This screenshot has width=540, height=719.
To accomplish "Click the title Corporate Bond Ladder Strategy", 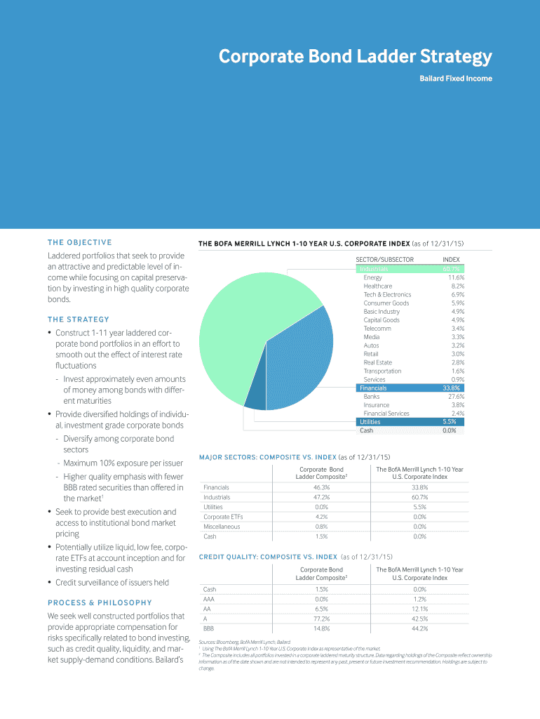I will pos(355,56).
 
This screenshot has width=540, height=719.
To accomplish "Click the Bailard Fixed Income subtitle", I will pos(455,79).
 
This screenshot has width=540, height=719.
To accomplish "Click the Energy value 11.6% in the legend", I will pos(456,277).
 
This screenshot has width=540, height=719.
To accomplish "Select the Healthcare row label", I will pos(378,286).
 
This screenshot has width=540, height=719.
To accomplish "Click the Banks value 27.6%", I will pos(456,397).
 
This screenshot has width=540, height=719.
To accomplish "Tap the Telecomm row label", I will pos(377,329).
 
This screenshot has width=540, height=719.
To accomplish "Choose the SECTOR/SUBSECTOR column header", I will pos(385,260).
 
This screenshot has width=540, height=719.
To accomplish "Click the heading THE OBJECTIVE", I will pos(79,242).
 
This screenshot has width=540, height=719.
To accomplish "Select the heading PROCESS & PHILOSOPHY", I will pos(100,602).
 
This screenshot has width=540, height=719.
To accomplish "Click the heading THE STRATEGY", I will pos(78,319).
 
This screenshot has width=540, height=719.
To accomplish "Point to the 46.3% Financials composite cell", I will pos(322,487).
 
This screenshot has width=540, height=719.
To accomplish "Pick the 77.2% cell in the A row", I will pos(322,619).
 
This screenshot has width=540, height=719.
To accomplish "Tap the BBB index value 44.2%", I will pos(420,629).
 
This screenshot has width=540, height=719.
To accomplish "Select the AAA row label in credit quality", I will pos(209,600).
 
